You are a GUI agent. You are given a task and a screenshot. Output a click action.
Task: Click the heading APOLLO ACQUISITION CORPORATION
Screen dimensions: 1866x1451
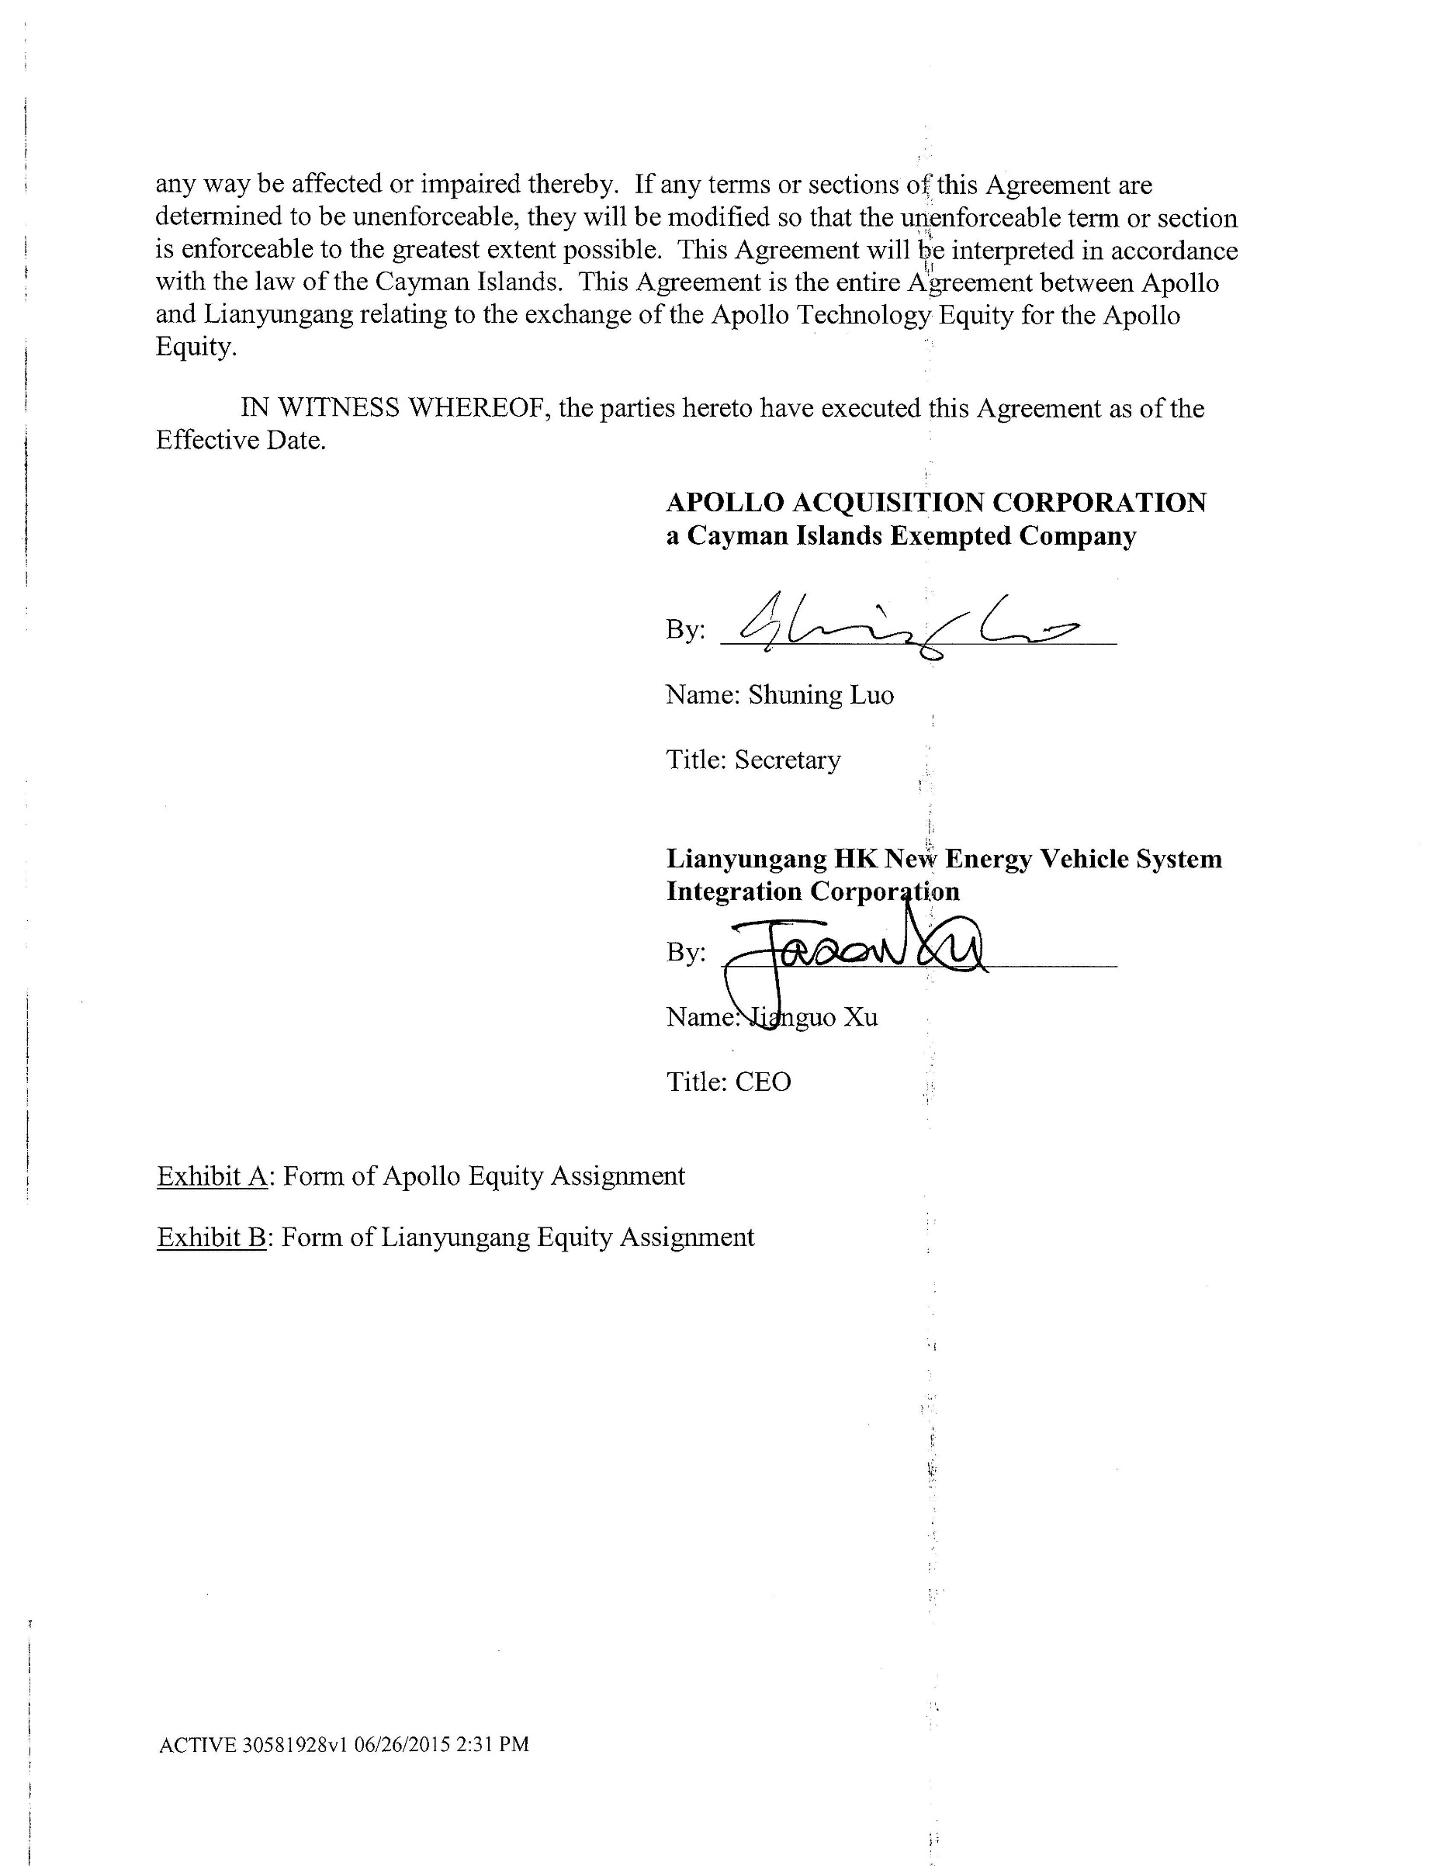[x=936, y=503]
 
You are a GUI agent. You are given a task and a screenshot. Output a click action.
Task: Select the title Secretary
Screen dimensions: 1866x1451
[x=787, y=760]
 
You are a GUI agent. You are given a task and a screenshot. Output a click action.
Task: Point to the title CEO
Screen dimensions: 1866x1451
[x=763, y=1082]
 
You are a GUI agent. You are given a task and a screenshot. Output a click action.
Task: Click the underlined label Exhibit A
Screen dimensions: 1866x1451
[x=213, y=1175]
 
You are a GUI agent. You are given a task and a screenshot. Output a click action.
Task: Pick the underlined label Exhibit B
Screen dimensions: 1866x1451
[x=212, y=1238]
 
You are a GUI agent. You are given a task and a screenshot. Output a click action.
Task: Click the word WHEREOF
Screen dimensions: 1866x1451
[x=478, y=408]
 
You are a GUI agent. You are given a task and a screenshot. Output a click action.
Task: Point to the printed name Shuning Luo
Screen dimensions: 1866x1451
[x=821, y=694]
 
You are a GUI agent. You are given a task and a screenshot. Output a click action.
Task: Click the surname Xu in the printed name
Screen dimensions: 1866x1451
[x=861, y=1016]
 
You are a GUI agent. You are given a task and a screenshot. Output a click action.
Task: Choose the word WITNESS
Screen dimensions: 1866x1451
[x=338, y=408]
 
